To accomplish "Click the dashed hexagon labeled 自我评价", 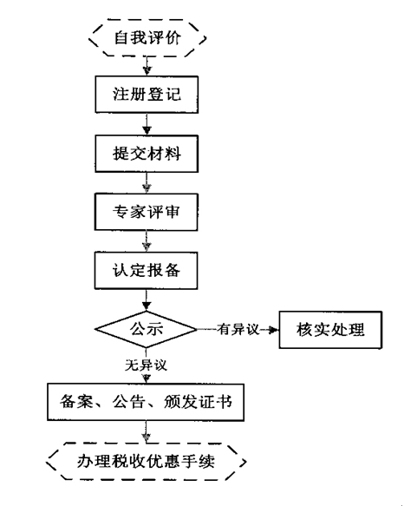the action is point(147,38).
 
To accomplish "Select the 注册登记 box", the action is point(147,95).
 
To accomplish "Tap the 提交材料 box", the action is point(147,154).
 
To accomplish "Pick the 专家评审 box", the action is point(146,212).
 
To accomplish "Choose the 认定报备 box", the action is point(146,271).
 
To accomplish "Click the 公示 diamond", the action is point(146,330).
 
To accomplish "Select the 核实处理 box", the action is point(330,330).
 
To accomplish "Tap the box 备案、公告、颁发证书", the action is point(146,402).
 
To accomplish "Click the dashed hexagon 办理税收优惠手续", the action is point(146,462).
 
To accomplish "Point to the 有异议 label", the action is point(238,330).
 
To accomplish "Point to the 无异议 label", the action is point(146,365).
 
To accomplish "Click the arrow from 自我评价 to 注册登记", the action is point(147,66).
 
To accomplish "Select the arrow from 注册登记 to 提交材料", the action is point(147,124).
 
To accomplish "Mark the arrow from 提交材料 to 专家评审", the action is point(147,182).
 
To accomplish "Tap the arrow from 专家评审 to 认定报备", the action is point(147,241).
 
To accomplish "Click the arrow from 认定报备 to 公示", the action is point(147,300).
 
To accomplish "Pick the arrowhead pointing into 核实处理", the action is point(273,330).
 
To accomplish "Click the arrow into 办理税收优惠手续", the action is point(146,431).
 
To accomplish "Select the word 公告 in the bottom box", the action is point(128,402).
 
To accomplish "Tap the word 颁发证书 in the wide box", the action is point(198,402).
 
